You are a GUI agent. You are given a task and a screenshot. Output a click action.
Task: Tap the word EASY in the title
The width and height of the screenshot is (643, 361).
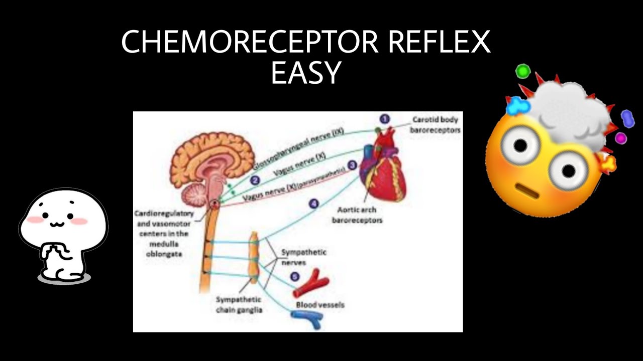306,72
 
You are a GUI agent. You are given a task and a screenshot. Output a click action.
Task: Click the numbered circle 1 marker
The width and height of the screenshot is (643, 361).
384,119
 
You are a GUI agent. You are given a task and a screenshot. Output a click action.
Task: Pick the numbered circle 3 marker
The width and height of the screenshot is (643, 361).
352,165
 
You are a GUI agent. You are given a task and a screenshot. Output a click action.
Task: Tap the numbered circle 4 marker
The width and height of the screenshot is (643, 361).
314,204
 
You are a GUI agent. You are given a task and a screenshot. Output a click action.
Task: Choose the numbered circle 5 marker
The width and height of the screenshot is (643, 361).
295,276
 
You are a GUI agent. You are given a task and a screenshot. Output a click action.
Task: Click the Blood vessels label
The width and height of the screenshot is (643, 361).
320,304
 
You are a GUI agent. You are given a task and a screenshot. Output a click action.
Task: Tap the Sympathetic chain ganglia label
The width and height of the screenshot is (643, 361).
239,304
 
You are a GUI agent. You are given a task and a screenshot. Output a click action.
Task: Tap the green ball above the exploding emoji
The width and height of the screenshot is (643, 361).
523,71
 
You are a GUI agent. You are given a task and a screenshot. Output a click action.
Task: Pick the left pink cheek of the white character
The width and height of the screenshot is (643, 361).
34,220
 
